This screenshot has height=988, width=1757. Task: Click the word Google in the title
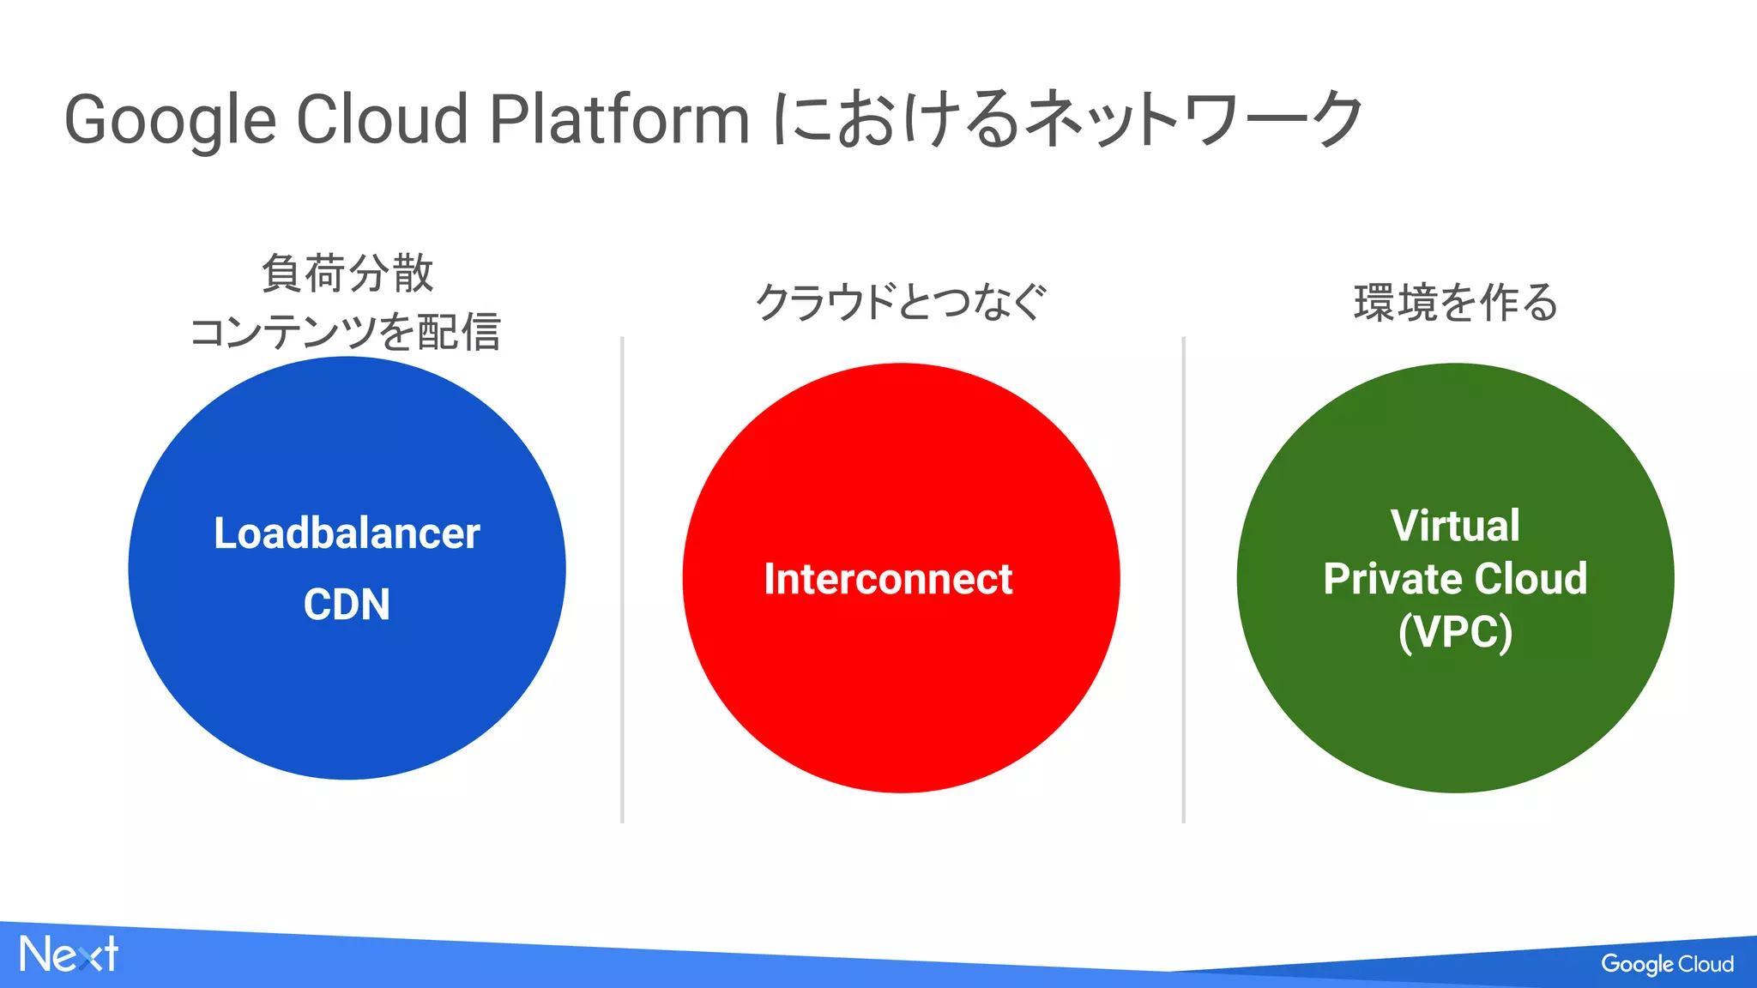point(170,120)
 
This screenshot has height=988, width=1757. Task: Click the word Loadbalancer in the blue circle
point(347,533)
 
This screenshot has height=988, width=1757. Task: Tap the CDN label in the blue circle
point(347,605)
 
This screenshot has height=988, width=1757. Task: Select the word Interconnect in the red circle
point(888,579)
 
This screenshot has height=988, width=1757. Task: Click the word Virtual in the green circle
point(1455,526)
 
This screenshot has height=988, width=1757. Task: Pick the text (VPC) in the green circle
point(1455,632)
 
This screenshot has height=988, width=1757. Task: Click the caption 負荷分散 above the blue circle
point(347,274)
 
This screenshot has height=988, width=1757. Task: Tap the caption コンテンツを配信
point(345,332)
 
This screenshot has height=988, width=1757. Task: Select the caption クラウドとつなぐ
point(901,302)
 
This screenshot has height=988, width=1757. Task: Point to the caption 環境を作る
point(1455,303)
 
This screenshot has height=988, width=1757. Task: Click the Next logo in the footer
point(69,955)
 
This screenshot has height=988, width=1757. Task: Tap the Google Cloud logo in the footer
point(1667,964)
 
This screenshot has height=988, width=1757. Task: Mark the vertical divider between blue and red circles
point(622,580)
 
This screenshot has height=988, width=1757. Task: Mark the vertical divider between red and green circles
point(1183,580)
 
